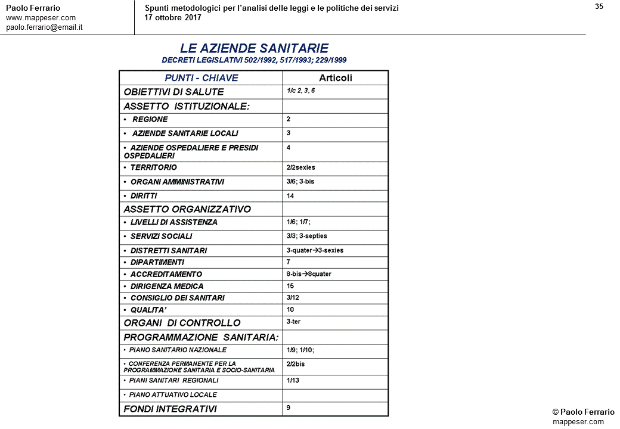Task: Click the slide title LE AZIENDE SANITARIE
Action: coord(254,48)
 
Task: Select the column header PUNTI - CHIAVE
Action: coord(201,78)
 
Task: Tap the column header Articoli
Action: coord(336,78)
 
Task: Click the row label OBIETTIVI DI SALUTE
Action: coord(173,92)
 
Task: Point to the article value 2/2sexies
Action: coord(300,167)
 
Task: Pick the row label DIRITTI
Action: coord(144,196)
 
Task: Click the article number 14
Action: coord(290,195)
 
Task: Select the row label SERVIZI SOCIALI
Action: coord(161,237)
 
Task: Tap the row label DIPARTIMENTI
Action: coord(157,262)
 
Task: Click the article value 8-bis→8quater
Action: coord(309,274)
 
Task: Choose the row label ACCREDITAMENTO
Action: coord(166,274)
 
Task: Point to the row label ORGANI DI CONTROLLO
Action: coord(182,323)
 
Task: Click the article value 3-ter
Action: coord(293,322)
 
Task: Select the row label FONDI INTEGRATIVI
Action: coord(170,409)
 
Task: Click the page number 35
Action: coord(599,7)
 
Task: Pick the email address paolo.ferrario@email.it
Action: coord(44,27)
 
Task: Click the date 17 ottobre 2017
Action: coord(173,17)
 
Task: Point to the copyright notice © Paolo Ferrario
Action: coord(583,412)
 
